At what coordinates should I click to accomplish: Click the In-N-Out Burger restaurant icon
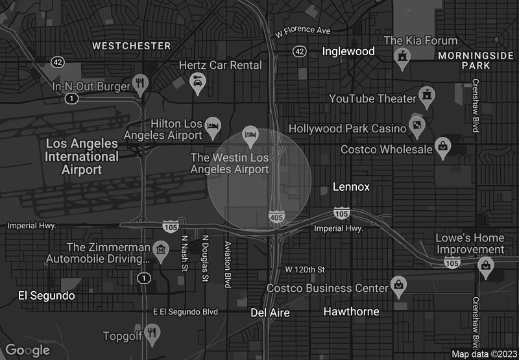coord(140,83)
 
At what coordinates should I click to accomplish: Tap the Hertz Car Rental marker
coord(197,82)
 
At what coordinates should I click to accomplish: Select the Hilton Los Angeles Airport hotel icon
coord(213,125)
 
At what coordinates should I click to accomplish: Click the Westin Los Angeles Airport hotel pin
coord(250,135)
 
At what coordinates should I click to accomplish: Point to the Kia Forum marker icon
coord(403,58)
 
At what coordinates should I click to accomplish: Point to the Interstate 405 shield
coord(277,217)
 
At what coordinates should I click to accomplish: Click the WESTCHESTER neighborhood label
coord(132,46)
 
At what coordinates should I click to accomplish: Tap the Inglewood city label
coord(348,51)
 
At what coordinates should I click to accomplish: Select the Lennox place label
coord(351,187)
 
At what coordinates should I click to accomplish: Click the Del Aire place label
coord(270,313)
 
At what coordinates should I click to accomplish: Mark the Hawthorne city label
coord(351,312)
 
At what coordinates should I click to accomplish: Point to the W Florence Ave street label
coord(303,30)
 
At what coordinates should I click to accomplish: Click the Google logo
coord(28,350)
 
